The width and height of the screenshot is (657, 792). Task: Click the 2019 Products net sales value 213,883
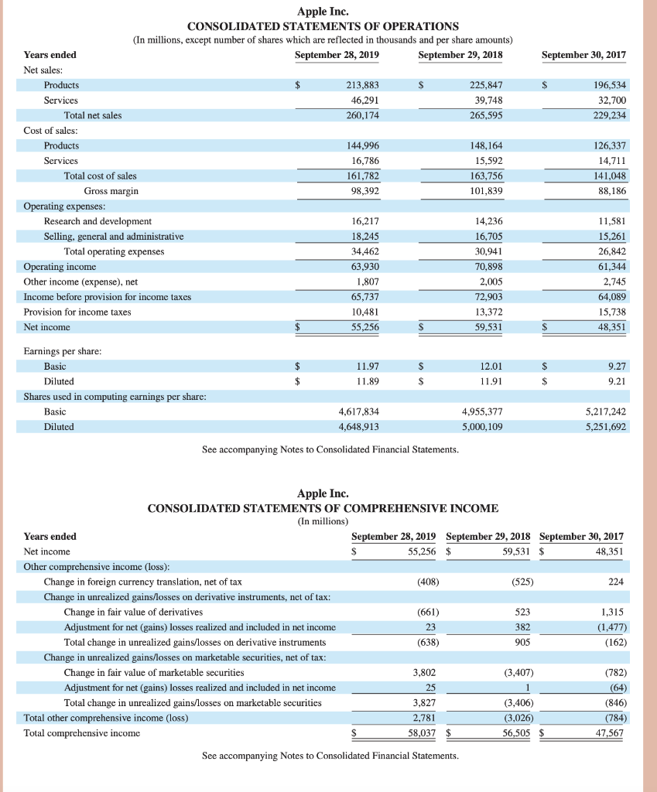click(362, 84)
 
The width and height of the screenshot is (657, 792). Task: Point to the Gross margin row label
click(111, 190)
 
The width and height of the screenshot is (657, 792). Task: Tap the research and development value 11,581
click(611, 221)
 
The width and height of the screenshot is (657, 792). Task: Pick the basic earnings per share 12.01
click(491, 366)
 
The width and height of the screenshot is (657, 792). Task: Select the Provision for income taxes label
click(77, 312)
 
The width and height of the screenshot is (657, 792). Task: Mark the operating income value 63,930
click(365, 267)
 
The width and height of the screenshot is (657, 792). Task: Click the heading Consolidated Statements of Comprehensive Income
click(323, 508)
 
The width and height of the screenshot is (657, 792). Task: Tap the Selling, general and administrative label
click(114, 237)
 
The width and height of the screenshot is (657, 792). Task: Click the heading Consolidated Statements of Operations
click(323, 26)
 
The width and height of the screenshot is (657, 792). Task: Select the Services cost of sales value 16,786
click(365, 161)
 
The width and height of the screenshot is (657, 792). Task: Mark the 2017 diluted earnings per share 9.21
click(617, 381)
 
